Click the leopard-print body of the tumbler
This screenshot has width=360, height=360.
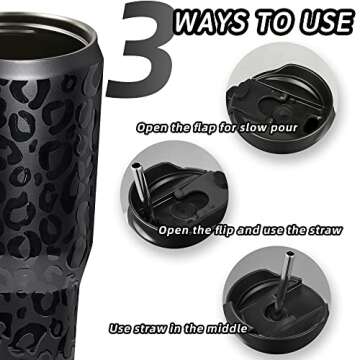coord(50,200)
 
